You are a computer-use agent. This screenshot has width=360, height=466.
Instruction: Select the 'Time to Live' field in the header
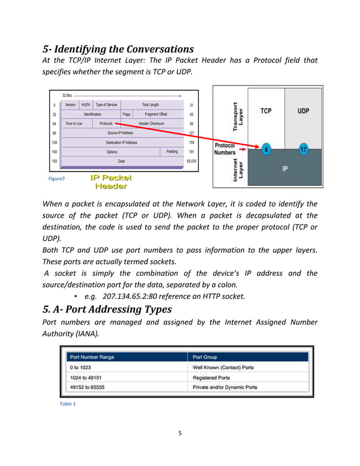[73, 123]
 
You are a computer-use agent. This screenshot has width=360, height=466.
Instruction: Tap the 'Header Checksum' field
[151, 123]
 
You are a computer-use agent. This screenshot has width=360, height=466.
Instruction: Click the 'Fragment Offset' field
[156, 113]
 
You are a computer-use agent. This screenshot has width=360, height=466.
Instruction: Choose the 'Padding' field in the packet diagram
[172, 151]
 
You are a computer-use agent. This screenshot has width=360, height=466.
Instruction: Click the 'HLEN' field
[85, 104]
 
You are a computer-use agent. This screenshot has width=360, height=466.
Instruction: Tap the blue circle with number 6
[266, 150]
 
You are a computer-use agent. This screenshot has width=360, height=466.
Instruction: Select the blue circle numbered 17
[303, 150]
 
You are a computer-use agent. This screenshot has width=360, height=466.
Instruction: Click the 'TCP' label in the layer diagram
[265, 111]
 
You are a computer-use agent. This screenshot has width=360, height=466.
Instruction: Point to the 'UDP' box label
[303, 111]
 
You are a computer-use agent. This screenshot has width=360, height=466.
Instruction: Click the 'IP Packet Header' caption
[111, 181]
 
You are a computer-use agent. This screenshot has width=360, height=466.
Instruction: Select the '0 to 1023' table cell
[80, 367]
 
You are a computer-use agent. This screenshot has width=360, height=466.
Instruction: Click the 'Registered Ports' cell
[211, 377]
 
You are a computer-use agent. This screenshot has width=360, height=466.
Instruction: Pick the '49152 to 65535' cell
[87, 387]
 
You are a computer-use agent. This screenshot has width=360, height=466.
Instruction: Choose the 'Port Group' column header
[205, 357]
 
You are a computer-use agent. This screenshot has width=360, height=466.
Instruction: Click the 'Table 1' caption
[67, 404]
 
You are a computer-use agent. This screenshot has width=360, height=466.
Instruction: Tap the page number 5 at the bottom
[179, 433]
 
